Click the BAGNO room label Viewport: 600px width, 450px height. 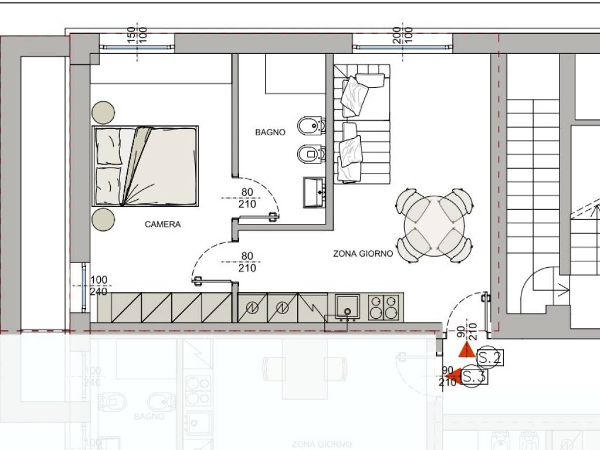(x=270, y=132)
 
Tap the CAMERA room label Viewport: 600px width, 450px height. (x=163, y=224)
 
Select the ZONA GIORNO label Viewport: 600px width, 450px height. (x=363, y=254)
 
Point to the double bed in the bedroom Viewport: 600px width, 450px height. (x=145, y=166)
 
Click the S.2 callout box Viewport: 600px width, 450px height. (x=489, y=357)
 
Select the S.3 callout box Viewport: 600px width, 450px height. (x=474, y=377)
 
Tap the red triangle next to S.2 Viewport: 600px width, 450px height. (x=466, y=351)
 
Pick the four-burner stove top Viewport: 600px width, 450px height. (x=384, y=307)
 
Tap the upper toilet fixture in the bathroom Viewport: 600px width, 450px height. (x=310, y=125)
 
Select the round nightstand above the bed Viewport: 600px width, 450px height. (x=104, y=112)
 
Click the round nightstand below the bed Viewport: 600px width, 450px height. (x=104, y=219)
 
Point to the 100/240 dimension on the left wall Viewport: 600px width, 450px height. (x=99, y=285)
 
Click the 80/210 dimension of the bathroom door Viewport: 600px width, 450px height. (x=247, y=198)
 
